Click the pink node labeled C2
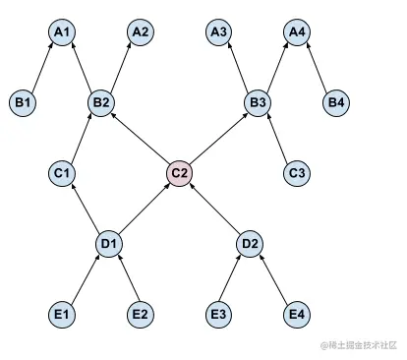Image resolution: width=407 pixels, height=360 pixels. pos(179,174)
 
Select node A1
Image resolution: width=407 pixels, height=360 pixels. pos(62,32)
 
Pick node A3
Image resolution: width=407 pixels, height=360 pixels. pos(219,32)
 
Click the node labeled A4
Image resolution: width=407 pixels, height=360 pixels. pos(296,32)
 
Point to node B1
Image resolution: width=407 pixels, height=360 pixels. pos(23,101)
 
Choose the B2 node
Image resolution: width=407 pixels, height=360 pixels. pos(100,101)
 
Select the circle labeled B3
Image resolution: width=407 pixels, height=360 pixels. pos(258,101)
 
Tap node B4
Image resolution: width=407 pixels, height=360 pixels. pos(335,101)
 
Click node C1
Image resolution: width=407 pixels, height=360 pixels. pos(62,174)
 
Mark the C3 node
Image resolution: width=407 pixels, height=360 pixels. pos(296,174)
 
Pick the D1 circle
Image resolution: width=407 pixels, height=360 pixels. pos(110,243)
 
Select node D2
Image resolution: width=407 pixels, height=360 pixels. pos(249,243)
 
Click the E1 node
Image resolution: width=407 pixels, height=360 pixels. pos(62,314)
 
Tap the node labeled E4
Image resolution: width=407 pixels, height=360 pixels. pos(296,314)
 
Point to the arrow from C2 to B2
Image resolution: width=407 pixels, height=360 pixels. pos(140,138)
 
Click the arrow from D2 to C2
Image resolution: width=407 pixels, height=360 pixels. pos(214,209)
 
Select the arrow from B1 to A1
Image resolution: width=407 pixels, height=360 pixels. pos(42,67)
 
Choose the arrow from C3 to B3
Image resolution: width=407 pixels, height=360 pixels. pos(277,138)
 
